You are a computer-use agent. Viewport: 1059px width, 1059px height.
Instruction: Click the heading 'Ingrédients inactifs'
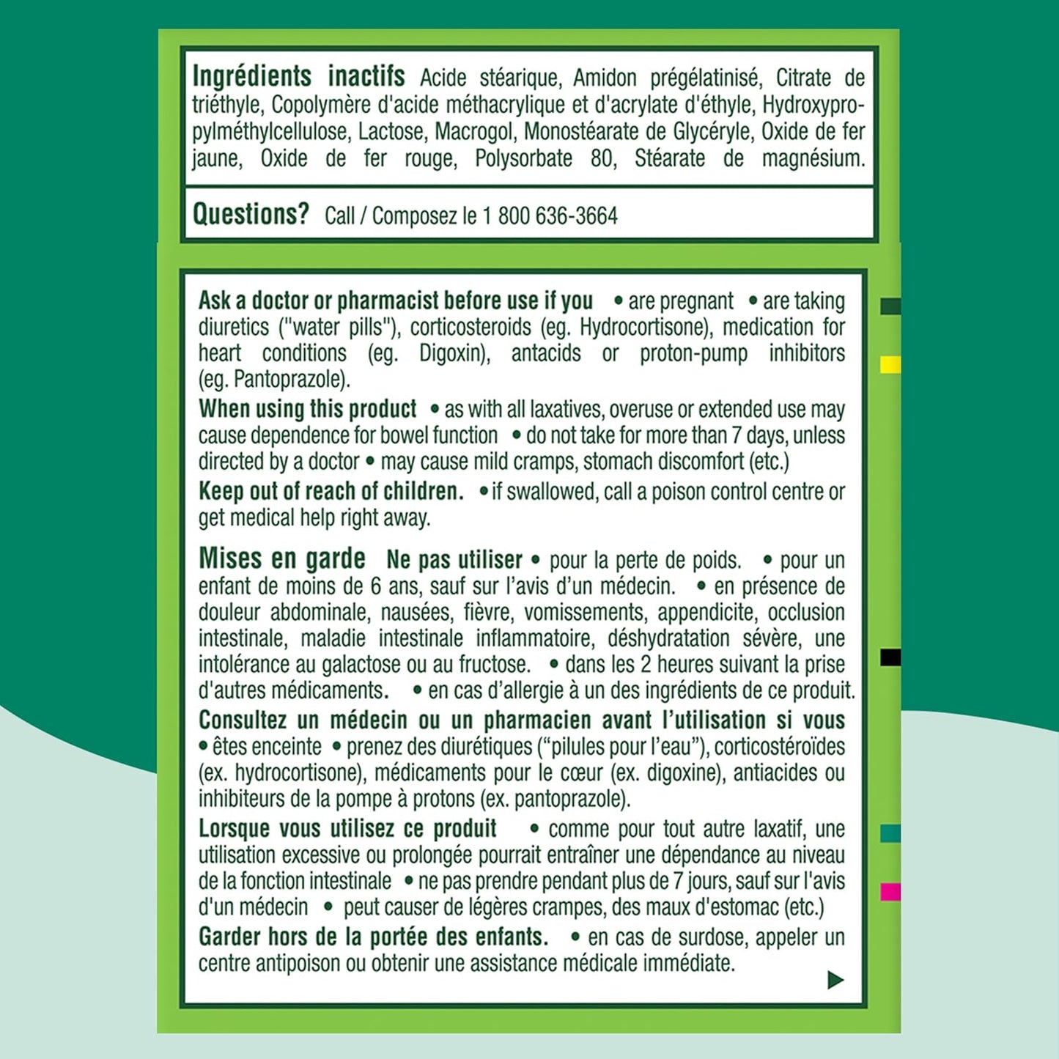298,77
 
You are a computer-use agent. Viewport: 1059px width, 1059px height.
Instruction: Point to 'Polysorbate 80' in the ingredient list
523,158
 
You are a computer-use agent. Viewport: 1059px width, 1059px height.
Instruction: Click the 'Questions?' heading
251,215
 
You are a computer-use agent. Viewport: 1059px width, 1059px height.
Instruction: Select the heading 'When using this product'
307,409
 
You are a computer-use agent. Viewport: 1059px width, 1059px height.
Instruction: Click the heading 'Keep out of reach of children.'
331,491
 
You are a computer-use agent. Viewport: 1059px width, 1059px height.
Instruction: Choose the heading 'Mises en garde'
281,559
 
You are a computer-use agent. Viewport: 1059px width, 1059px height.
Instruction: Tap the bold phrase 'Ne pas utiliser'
454,561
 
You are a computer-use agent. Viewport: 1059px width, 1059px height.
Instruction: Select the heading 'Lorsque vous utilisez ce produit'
347,829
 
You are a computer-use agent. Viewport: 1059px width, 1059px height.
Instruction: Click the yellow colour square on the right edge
890,365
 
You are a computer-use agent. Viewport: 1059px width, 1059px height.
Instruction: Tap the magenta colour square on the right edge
890,892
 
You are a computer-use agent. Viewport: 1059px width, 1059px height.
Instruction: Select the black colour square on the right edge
890,657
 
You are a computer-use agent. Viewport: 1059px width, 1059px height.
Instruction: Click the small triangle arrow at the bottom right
835,980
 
